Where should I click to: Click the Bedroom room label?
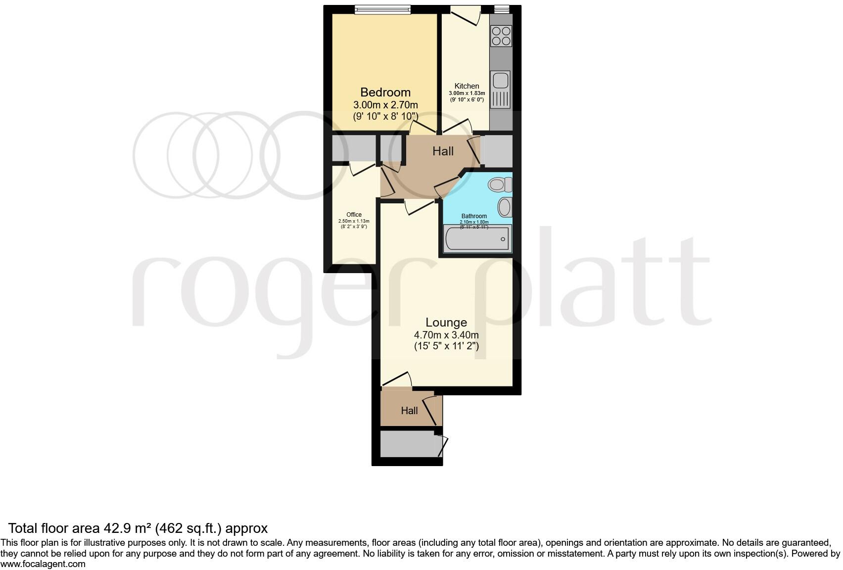[x=385, y=93]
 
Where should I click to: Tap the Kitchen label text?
[x=467, y=86]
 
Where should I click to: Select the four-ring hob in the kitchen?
[x=501, y=36]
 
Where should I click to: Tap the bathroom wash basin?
[x=505, y=207]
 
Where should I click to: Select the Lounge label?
[x=446, y=323]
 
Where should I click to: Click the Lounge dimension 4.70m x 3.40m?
[x=446, y=335]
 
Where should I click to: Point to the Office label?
[x=354, y=215]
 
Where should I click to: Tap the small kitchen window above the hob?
[x=502, y=8]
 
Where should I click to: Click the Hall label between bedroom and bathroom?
[x=443, y=151]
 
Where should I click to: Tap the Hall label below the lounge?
[x=409, y=411]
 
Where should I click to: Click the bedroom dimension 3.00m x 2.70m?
[x=385, y=105]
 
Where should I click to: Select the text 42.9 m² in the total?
[x=128, y=528]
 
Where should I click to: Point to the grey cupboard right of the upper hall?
[x=497, y=151]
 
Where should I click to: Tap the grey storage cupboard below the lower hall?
[x=407, y=444]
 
